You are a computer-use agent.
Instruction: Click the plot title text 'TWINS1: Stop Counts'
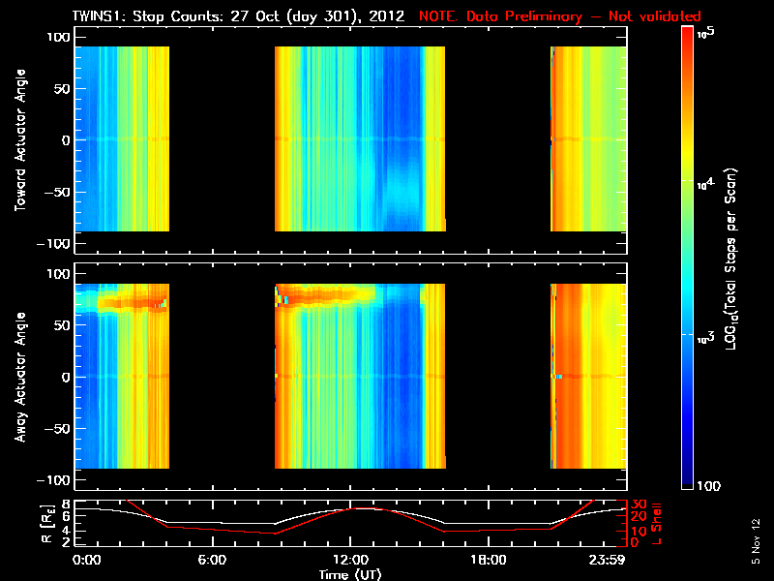(x=155, y=16)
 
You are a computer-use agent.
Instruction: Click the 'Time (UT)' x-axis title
(x=350, y=574)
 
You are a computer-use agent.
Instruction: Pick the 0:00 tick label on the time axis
(x=86, y=560)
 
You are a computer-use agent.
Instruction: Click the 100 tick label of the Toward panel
(x=58, y=36)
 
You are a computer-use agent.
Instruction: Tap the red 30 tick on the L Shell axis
(x=640, y=505)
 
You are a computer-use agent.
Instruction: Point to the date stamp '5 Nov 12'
(x=757, y=541)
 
